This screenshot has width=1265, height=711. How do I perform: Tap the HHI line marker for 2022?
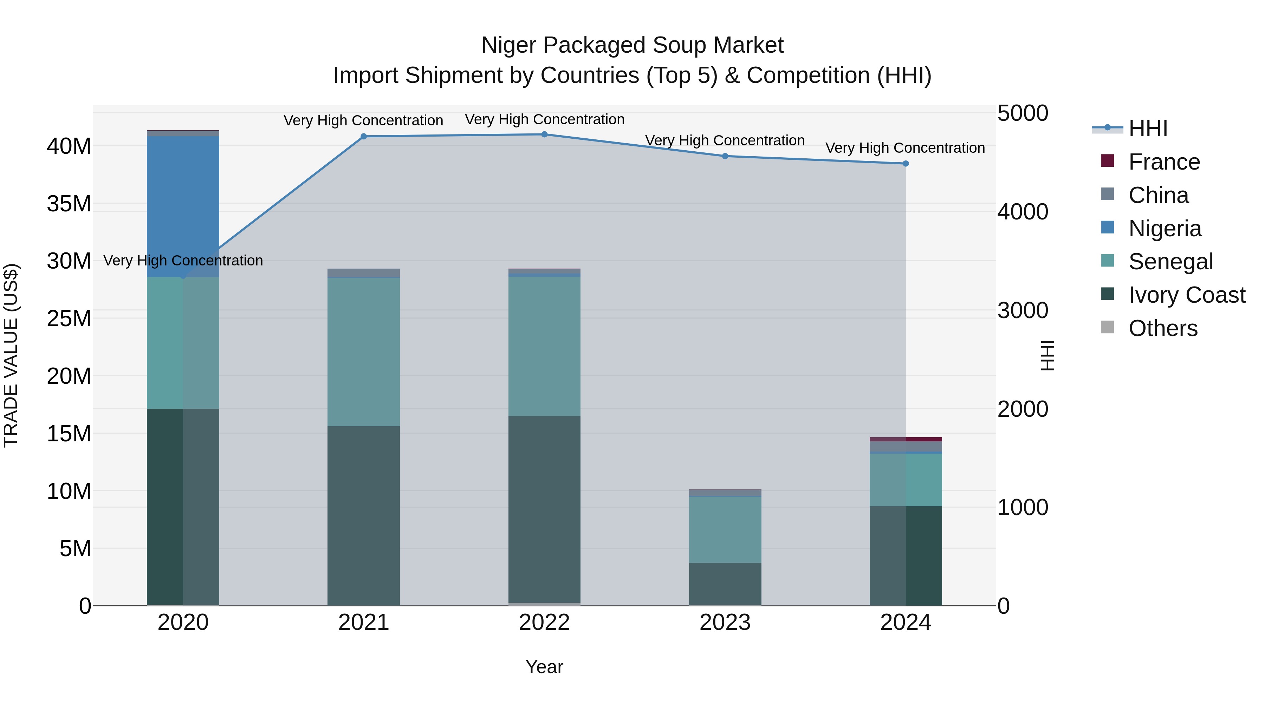point(544,134)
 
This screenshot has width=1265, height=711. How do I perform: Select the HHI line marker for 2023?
point(725,156)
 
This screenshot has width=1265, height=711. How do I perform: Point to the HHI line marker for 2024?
point(906,163)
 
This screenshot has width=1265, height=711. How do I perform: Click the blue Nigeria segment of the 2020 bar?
point(183,206)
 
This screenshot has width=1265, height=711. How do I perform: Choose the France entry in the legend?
point(1164,162)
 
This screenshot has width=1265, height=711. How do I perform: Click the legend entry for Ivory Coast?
point(1186,295)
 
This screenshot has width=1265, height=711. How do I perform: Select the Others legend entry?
point(1162,328)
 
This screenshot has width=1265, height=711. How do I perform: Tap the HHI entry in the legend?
point(1148,129)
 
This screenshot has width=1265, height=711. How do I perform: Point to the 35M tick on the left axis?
point(69,204)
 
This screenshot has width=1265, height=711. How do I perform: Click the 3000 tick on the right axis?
point(1023,311)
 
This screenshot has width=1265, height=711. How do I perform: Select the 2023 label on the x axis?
point(725,623)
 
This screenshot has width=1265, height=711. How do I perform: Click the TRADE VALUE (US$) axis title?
point(11,355)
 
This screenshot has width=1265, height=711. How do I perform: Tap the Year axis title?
point(544,667)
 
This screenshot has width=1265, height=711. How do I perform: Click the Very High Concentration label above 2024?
point(905,148)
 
